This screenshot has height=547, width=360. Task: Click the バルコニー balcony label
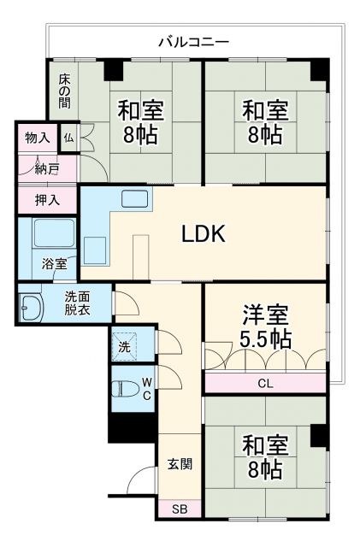(x=193, y=41)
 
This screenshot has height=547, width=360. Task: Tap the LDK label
(x=203, y=232)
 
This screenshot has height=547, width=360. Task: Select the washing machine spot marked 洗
(x=125, y=347)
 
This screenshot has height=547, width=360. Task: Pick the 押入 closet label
(x=47, y=201)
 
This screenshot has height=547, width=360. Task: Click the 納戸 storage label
(x=47, y=168)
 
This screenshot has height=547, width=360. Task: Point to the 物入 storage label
(x=37, y=137)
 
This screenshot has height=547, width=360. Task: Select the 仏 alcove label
(x=68, y=137)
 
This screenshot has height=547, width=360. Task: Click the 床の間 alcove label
(x=65, y=90)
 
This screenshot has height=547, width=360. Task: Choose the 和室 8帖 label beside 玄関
(x=264, y=456)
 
